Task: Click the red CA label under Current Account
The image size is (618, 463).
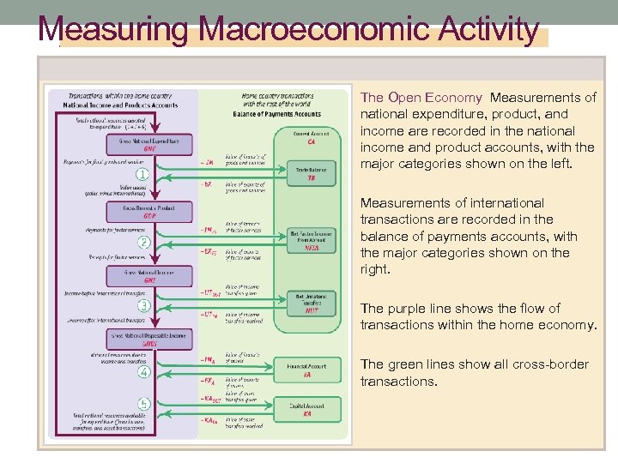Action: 311,142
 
